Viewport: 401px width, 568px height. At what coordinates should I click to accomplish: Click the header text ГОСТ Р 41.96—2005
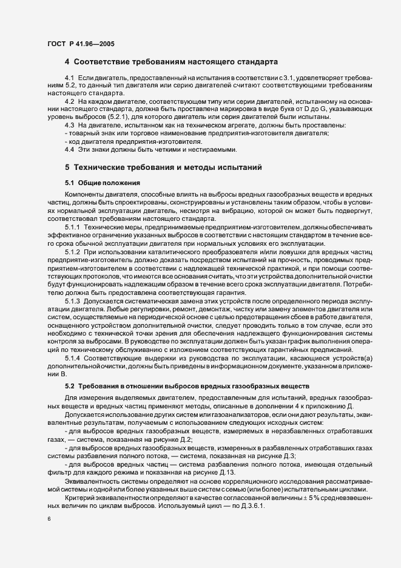[81, 44]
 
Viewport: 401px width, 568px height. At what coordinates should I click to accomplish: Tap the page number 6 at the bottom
[49, 519]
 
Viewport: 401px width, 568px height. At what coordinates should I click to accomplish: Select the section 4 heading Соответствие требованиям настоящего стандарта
[171, 62]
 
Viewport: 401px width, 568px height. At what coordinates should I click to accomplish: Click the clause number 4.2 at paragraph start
[69, 101]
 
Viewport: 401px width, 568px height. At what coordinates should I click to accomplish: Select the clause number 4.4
[69, 149]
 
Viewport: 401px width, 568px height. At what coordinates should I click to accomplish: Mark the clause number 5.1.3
[72, 300]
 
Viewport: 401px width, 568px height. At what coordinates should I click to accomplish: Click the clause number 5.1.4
[72, 358]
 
